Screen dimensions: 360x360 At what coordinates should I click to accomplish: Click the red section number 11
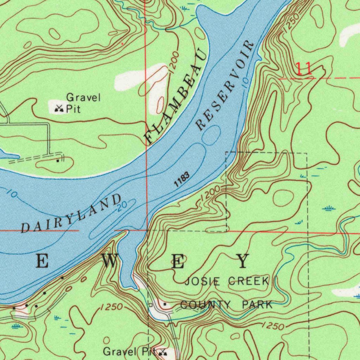tap(303, 69)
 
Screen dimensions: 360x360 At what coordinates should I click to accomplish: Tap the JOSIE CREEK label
tap(227, 281)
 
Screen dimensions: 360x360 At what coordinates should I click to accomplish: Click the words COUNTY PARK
tap(226, 305)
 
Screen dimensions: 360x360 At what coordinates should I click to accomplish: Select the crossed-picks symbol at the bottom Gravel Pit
tap(163, 352)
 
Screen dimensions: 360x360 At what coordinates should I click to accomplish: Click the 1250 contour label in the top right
tap(291, 23)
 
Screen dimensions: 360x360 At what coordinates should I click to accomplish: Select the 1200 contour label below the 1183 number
tap(211, 194)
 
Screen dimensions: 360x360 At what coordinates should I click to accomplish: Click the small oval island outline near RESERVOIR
tap(211, 136)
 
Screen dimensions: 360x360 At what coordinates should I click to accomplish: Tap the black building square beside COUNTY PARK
tap(165, 303)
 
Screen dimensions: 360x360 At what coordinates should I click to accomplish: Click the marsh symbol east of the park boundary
tap(329, 209)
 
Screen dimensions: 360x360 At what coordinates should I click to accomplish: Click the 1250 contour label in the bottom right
tap(273, 327)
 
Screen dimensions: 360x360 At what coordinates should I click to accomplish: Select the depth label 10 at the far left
tap(12, 193)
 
